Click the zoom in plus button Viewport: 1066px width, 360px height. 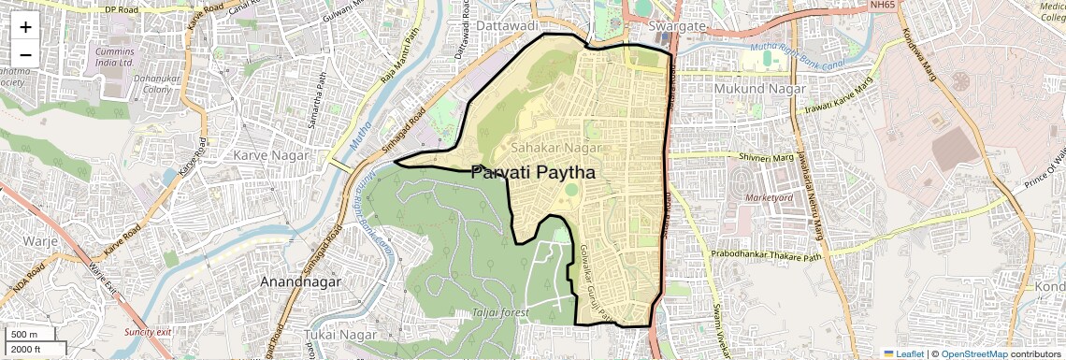(x=25, y=26)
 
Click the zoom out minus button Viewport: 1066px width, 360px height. (x=25, y=54)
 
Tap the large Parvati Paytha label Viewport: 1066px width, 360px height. (x=533, y=172)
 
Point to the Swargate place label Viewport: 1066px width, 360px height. (x=680, y=26)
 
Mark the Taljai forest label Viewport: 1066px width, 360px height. (x=500, y=312)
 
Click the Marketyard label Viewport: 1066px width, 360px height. (x=770, y=198)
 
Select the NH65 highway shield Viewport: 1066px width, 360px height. (x=881, y=6)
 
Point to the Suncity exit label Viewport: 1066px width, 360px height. (x=148, y=332)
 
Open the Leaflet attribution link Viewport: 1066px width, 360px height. (x=904, y=353)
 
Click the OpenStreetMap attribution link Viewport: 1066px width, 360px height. (x=974, y=353)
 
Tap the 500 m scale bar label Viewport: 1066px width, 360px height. (x=23, y=335)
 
